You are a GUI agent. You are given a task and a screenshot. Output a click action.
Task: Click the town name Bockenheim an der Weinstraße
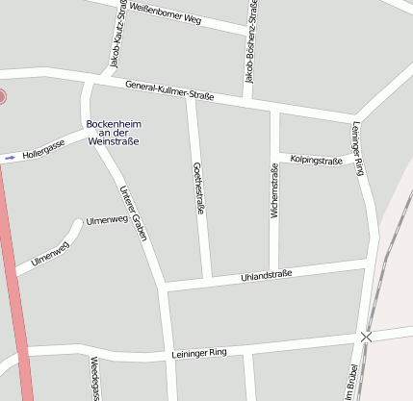point(113,133)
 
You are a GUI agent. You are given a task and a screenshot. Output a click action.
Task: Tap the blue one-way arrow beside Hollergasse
point(10,157)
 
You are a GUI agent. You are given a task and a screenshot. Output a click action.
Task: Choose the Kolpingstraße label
point(317,161)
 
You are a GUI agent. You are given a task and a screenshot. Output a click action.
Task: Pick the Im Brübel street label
point(352,381)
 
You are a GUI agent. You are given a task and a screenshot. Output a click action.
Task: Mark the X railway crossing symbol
point(366,337)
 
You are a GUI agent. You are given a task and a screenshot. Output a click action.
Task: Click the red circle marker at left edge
point(2,96)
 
